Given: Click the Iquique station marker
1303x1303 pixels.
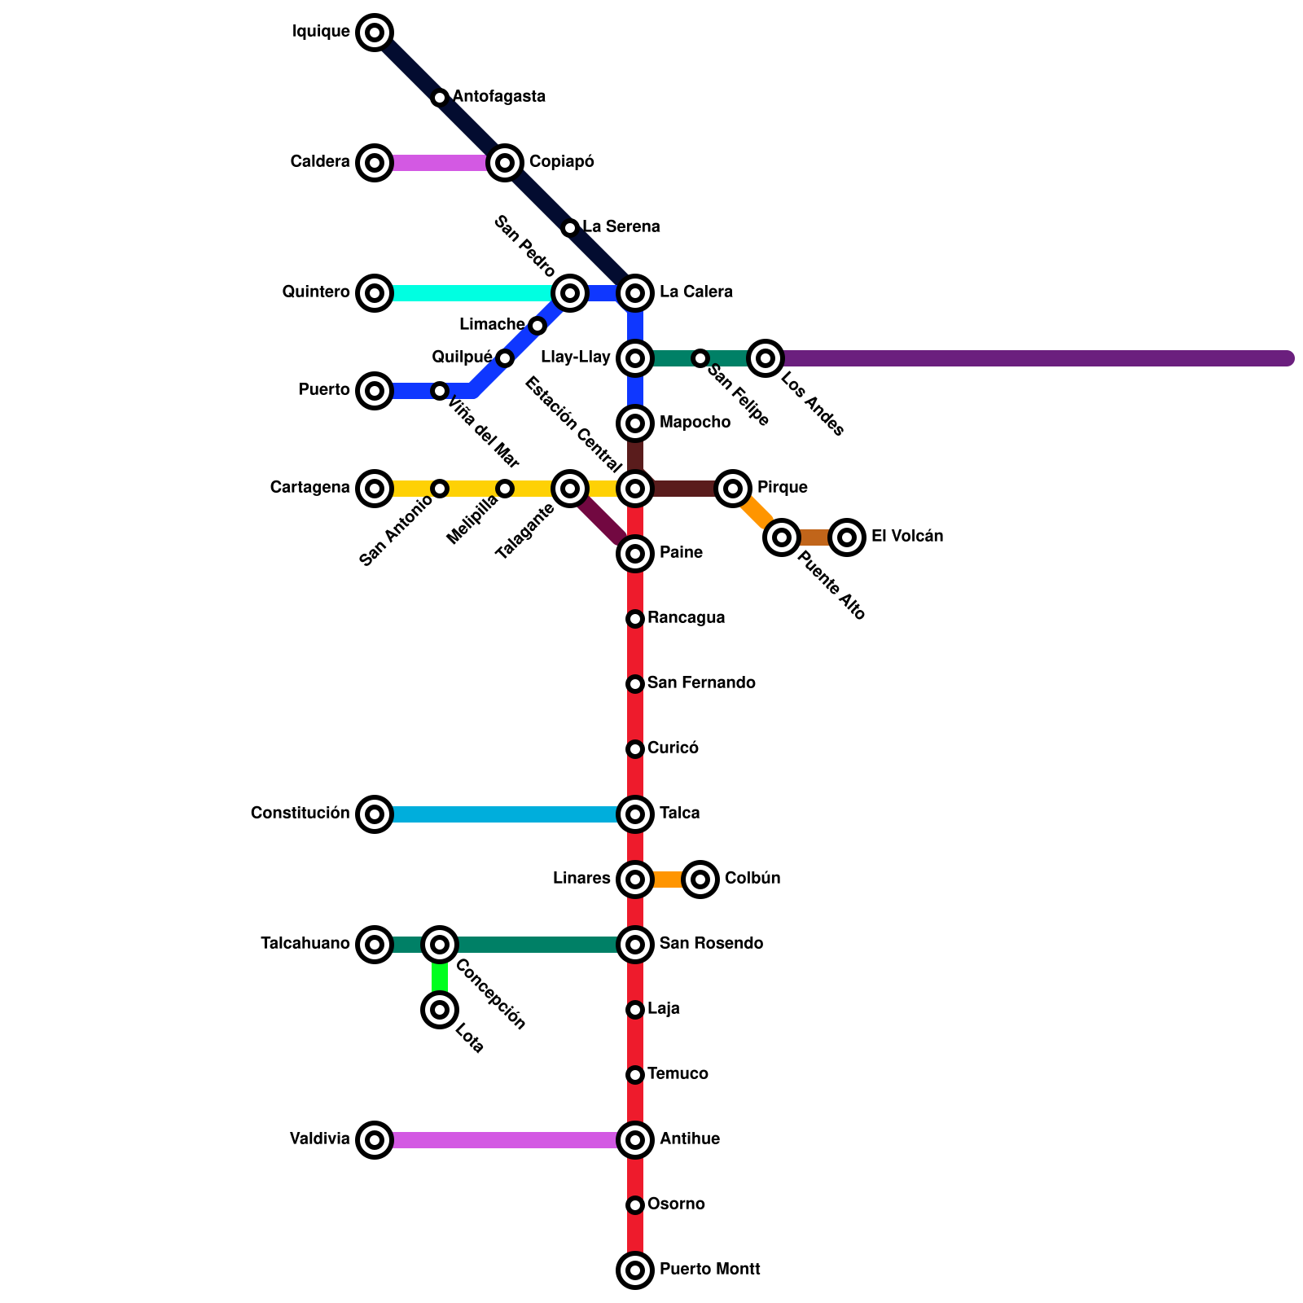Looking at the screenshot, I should [375, 33].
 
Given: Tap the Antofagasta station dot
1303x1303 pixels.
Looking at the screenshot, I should [440, 98].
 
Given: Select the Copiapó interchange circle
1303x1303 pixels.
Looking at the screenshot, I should [505, 163].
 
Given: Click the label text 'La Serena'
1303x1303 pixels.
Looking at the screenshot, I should [621, 227].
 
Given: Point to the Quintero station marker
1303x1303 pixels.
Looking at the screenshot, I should [375, 293].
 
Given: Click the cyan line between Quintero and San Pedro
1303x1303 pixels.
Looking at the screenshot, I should [472, 293].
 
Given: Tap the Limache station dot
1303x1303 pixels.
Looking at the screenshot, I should [537, 326].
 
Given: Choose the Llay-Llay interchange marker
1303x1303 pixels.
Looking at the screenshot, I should [635, 358].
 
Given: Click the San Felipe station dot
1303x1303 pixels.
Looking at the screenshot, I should [700, 358].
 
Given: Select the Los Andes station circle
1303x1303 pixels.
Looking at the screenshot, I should [766, 358].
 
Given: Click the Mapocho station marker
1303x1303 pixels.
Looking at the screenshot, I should [635, 423].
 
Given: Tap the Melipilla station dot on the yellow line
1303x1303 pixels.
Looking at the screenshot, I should [505, 489].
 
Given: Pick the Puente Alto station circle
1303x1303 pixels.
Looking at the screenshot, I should [782, 537].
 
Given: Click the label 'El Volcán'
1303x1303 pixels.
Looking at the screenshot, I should [906, 537].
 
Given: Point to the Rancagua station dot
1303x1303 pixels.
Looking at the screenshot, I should [635, 619].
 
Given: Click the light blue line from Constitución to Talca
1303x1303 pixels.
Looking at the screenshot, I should [505, 814].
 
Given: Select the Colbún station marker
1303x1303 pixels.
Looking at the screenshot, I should [700, 880].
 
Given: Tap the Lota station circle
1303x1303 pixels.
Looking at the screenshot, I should [440, 1010].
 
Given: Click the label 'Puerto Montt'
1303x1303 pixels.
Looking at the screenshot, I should [709, 1270].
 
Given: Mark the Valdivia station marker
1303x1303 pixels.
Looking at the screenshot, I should [375, 1140].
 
